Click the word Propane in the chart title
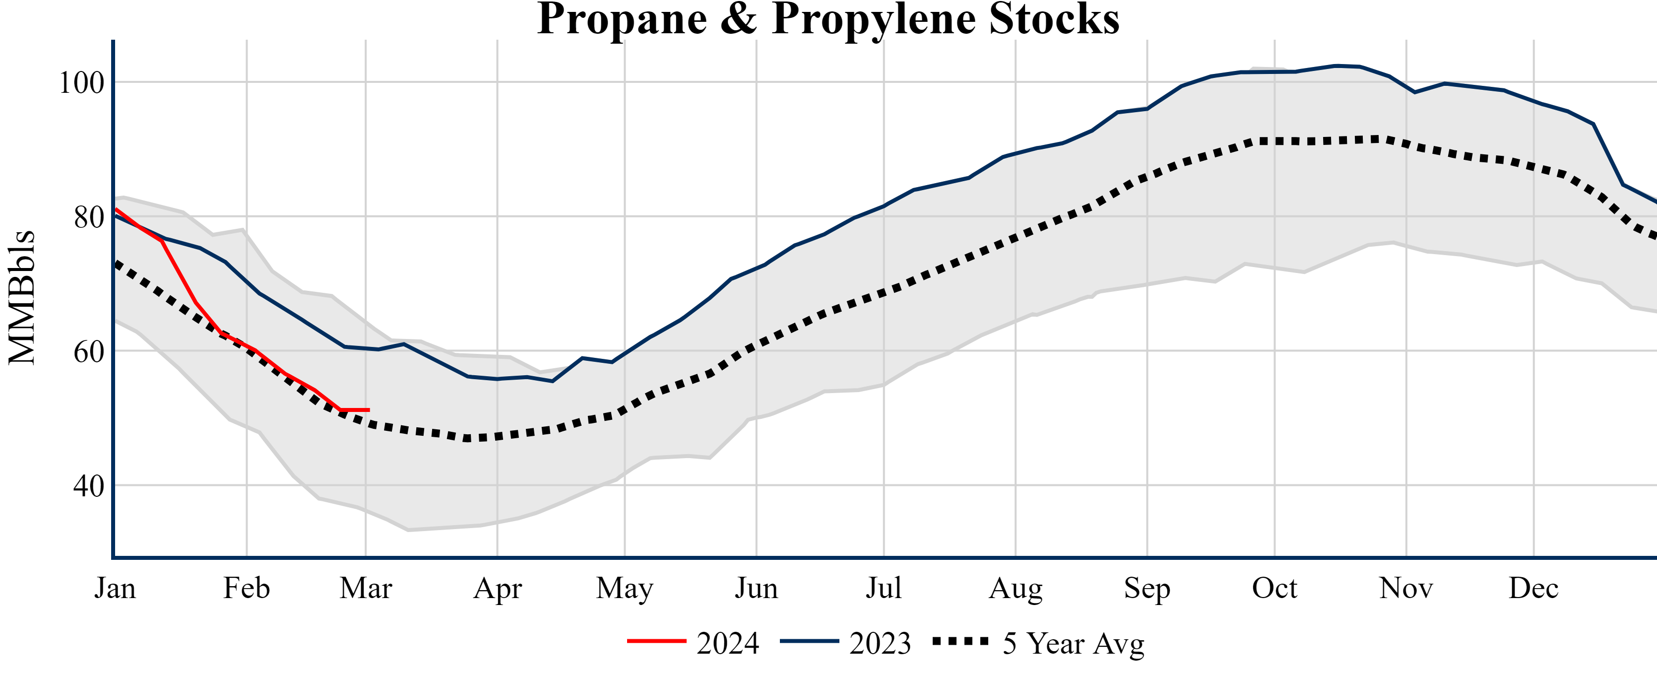(x=621, y=19)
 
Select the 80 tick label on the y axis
(x=89, y=217)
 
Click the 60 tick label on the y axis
(x=89, y=352)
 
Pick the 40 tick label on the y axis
(x=89, y=486)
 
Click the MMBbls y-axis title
(x=22, y=297)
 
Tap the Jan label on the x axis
(x=115, y=588)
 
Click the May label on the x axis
(x=624, y=588)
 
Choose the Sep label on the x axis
(x=1147, y=588)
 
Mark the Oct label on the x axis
(x=1275, y=588)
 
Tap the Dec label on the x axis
(x=1533, y=588)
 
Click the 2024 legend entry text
(x=727, y=643)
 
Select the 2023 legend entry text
(x=880, y=643)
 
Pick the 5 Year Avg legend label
(x=1073, y=643)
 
